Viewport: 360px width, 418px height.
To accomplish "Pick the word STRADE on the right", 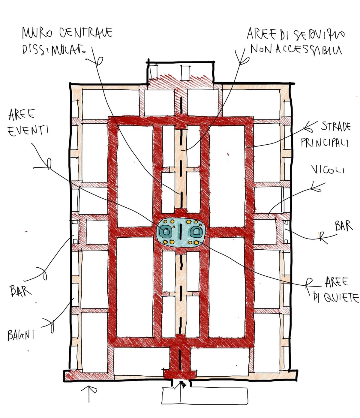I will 335,127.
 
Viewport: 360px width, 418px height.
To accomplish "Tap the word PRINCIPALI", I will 325,143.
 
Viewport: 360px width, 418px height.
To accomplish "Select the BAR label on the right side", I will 344,226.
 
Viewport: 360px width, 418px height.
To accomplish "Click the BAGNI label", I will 20,335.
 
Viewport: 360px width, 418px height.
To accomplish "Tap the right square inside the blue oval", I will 196,231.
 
